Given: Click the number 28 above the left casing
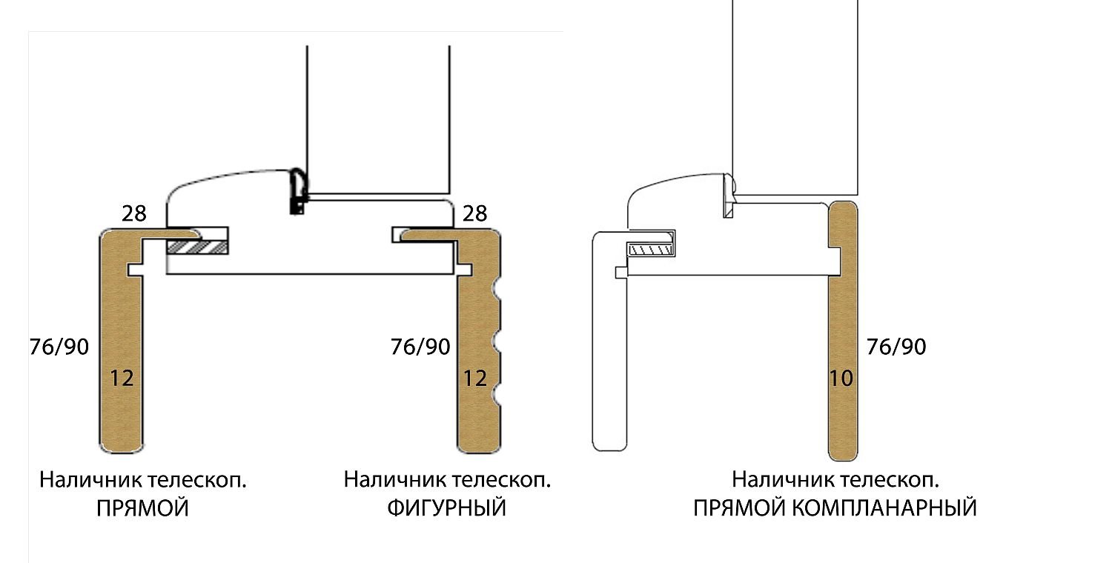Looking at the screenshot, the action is (134, 213).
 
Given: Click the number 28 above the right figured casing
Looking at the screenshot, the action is (475, 213).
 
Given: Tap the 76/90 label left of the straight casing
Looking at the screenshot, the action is (59, 347).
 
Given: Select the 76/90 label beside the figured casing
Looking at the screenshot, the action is (420, 347).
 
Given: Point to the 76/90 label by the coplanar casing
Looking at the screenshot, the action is (896, 347).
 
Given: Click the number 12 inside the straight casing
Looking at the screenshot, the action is (122, 379).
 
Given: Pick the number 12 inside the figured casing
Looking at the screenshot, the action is (475, 379).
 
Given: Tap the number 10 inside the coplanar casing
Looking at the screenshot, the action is (841, 379).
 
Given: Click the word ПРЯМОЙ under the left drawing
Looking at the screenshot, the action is (142, 508).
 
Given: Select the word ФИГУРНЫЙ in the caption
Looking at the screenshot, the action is (447, 508).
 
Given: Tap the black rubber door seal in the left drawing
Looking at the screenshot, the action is (298, 191).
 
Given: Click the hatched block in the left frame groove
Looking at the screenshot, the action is (197, 247).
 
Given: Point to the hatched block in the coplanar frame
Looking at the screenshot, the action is (652, 249).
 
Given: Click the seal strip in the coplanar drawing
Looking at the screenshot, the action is (729, 196).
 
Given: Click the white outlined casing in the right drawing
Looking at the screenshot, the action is (609, 342).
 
